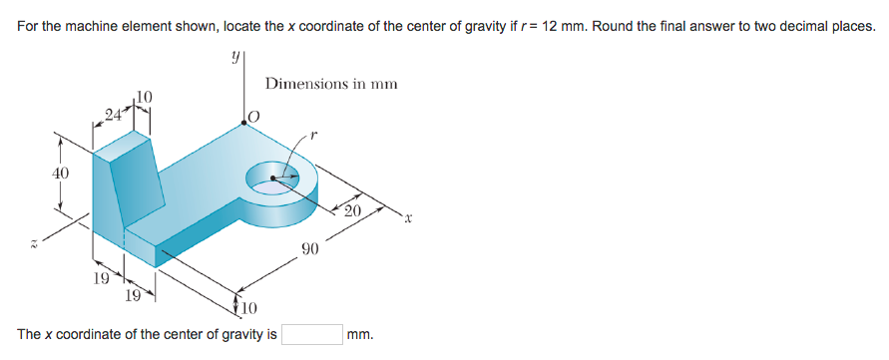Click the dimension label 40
click(61, 174)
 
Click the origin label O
click(253, 118)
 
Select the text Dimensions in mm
click(331, 84)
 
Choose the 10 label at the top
click(144, 96)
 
